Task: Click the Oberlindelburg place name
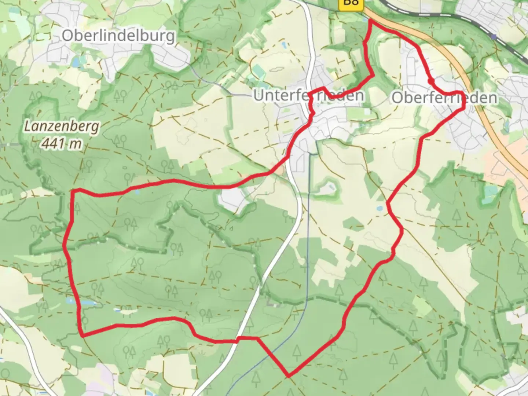point(118,36)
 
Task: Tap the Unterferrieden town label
point(309,95)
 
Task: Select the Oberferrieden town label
point(444,98)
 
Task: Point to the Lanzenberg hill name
point(62,127)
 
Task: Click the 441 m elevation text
point(62,143)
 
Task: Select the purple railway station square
point(494,37)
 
